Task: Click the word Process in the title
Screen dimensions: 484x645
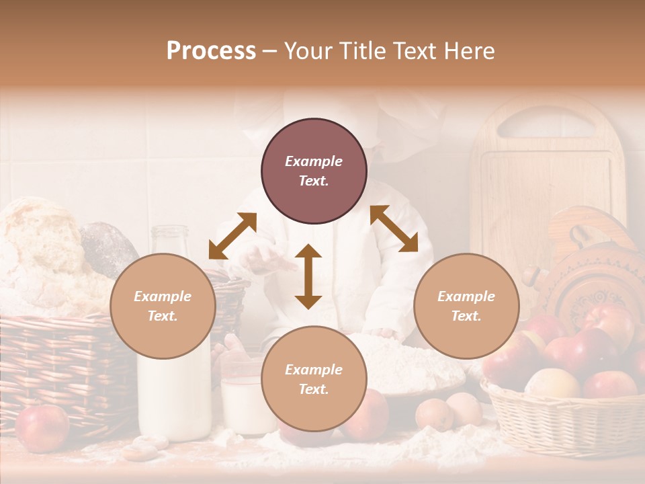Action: pos(211,51)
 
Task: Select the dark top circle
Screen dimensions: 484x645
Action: pos(314,171)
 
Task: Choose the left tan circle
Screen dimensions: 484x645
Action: pos(163,306)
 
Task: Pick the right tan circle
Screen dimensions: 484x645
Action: pos(466,306)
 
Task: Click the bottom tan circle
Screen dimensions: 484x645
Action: pos(314,379)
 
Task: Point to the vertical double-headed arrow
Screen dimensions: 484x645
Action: pos(308,276)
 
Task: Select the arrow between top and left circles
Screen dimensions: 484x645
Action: pos(232,236)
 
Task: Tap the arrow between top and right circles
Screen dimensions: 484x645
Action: pos(394,229)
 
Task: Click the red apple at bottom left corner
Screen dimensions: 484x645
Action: pos(42,428)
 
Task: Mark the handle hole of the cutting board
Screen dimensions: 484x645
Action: pos(548,125)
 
